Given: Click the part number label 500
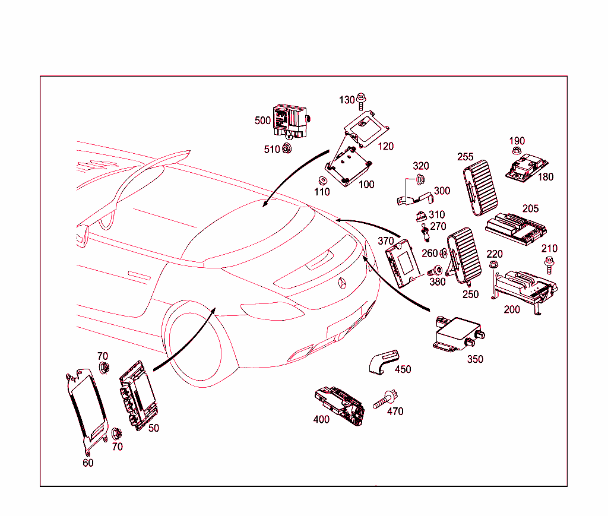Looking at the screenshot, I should tap(262, 121).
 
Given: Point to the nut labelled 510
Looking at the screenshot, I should tap(286, 148).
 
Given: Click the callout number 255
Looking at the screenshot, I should tap(465, 157).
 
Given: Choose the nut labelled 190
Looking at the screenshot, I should tap(516, 153).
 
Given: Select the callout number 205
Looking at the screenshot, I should tap(530, 209).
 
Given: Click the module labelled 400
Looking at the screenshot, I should tap(338, 405).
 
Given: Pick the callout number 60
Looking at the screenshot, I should tap(88, 463).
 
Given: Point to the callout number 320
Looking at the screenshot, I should tap(421, 166).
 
